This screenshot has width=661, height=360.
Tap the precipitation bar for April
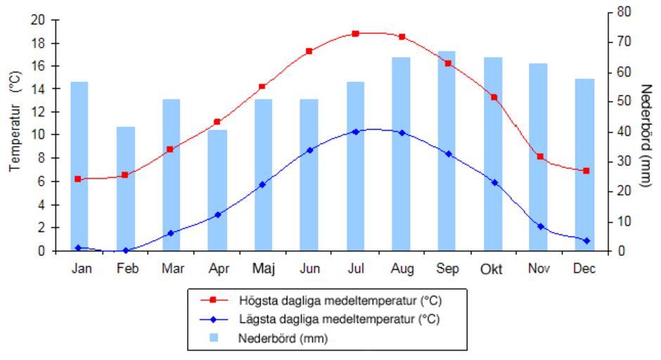pos(217,190)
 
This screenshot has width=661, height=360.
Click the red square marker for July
pos(355,34)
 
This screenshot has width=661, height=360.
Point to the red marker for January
pos(78,179)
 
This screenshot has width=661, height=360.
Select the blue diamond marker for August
pos(402,132)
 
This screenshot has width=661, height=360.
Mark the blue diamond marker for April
pos(217,214)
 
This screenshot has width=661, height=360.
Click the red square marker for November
pos(540,157)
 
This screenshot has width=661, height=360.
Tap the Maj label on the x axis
pos(263,269)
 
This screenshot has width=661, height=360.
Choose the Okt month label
pos(492,269)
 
